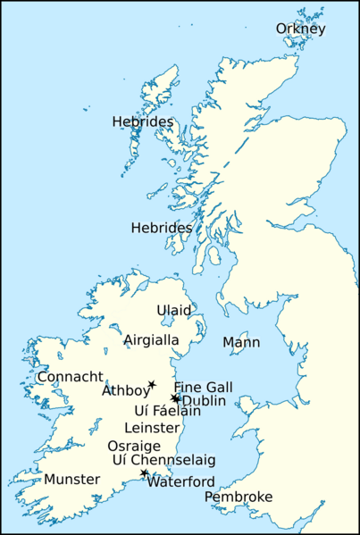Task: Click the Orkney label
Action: coord(300,29)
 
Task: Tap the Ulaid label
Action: coord(174,310)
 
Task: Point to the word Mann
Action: coord(241,342)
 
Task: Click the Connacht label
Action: coord(71,377)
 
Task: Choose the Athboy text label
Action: coord(125,390)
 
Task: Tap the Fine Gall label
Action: coord(203,387)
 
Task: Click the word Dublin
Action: coord(203,400)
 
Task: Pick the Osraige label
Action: coord(134,446)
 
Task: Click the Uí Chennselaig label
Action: coord(163,460)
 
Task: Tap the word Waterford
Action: coord(181,481)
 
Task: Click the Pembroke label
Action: coord(239,497)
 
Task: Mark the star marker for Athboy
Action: coord(152,384)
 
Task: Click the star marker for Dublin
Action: coord(175,397)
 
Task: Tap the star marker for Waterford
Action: coord(144,473)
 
